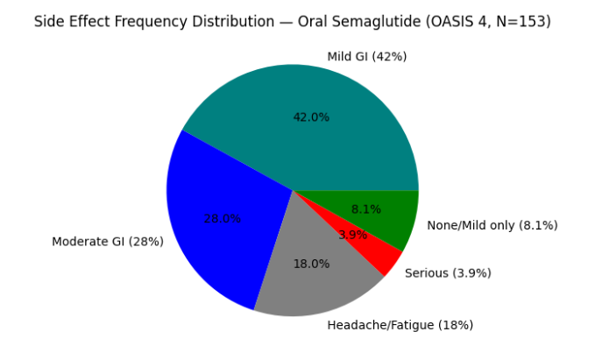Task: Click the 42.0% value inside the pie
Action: tap(311, 117)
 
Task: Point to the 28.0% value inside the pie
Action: tap(222, 219)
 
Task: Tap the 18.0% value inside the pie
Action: tap(311, 264)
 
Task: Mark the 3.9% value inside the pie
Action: tap(352, 235)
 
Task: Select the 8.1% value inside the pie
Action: tap(365, 209)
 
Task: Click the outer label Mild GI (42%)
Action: tap(366, 57)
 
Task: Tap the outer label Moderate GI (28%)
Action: tap(108, 242)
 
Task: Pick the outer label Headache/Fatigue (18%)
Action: tap(400, 325)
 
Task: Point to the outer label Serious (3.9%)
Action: tap(448, 273)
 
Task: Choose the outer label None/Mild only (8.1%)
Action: tap(492, 225)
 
